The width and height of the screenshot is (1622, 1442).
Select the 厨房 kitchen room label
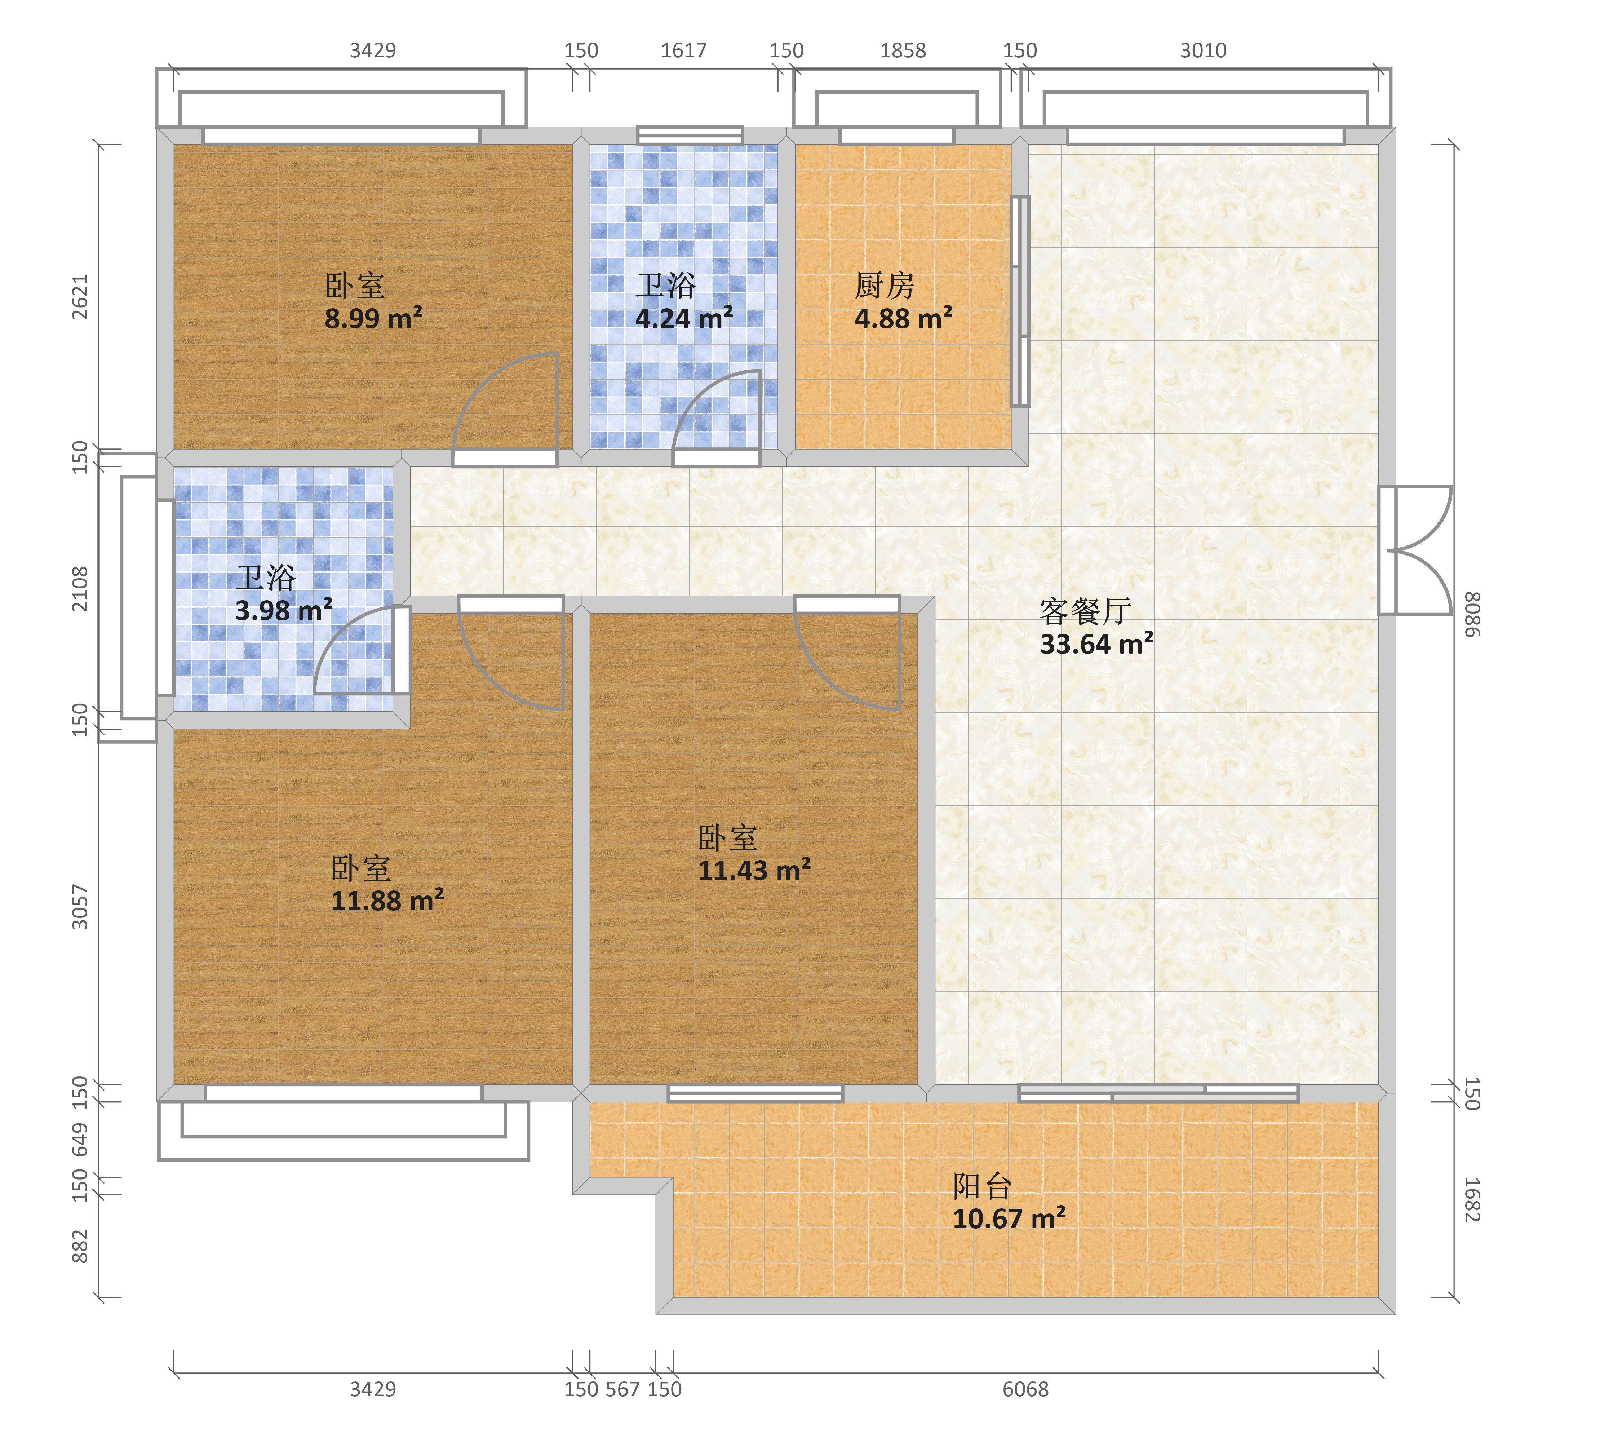pyautogui.click(x=884, y=286)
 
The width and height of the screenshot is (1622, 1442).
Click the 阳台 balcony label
pyautogui.click(x=983, y=1186)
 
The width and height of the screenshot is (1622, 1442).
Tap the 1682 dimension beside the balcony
pyautogui.click(x=1472, y=1199)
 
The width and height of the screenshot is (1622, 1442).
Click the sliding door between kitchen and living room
pyautogui.click(x=1020, y=302)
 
